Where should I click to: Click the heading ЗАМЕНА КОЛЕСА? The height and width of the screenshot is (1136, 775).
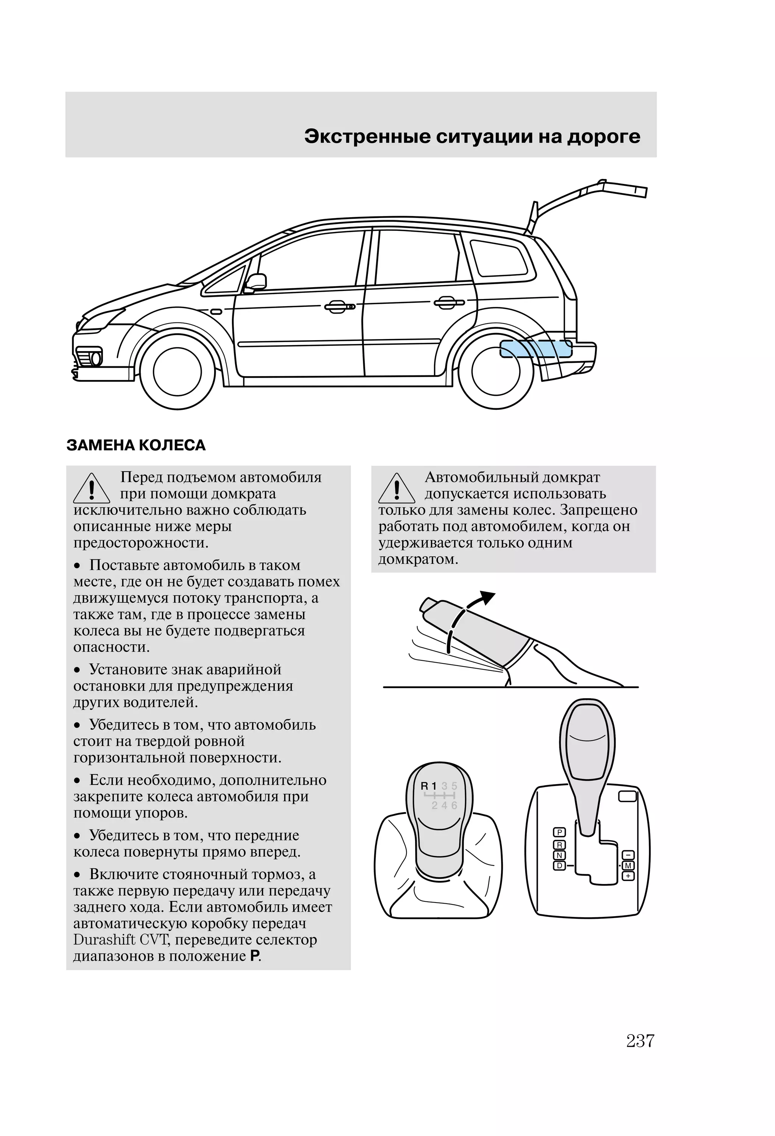(136, 445)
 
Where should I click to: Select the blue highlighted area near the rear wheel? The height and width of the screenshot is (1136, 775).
(535, 349)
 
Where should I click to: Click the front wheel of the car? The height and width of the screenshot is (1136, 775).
(177, 372)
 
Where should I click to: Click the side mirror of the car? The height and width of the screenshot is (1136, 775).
(256, 282)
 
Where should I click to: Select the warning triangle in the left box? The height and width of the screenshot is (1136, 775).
(92, 489)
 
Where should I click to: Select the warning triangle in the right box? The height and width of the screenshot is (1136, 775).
(397, 489)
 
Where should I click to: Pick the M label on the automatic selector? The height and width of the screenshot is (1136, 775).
(628, 866)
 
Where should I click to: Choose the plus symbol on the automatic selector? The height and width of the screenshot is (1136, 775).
(628, 876)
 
